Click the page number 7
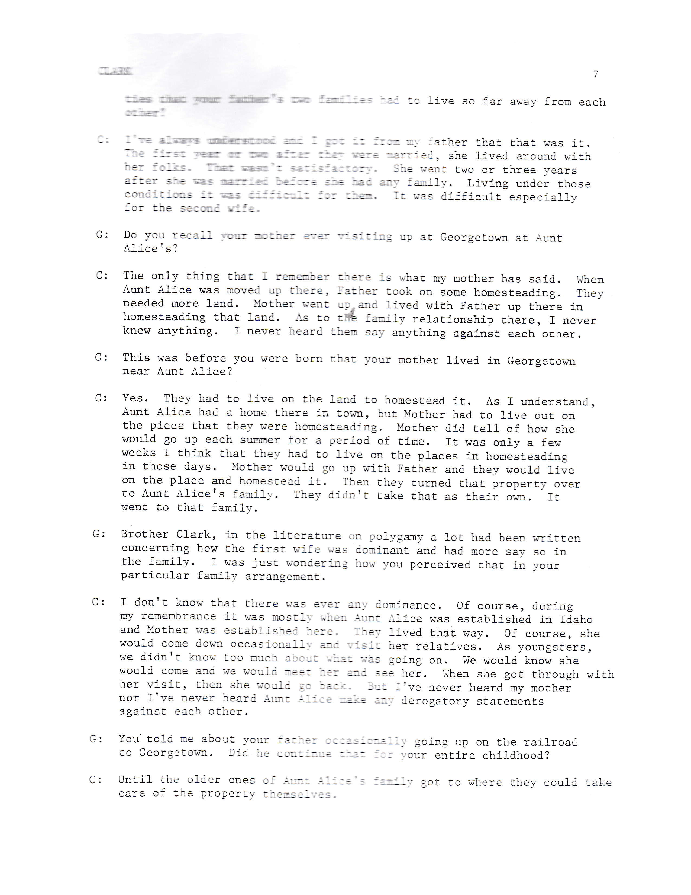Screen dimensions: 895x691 coord(595,75)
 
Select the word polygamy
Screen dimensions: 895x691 coord(393,537)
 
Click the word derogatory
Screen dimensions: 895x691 coord(435,701)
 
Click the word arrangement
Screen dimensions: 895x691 coord(285,577)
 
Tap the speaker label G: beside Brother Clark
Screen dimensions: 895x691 coord(99,534)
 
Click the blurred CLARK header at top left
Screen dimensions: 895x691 coord(115,71)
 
